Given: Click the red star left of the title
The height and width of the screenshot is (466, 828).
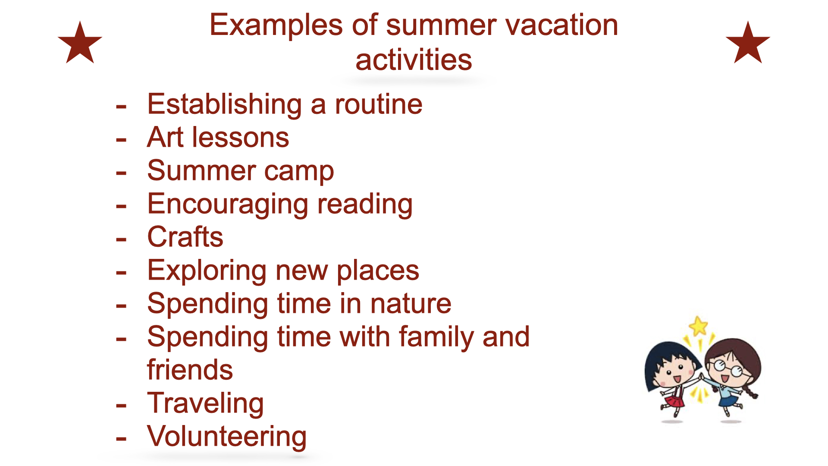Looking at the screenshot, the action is (x=80, y=44).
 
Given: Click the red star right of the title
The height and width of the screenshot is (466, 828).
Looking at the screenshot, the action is (x=748, y=44).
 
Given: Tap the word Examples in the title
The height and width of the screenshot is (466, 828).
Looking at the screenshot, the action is (x=276, y=26).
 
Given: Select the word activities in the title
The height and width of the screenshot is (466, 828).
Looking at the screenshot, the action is (x=414, y=60).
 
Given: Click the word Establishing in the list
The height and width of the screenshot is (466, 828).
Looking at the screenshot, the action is (x=225, y=105).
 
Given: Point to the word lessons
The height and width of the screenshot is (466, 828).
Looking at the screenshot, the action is (x=241, y=138).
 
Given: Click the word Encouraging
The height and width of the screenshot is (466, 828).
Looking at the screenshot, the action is (x=228, y=205).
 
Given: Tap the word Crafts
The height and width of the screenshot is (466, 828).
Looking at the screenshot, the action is (x=185, y=237).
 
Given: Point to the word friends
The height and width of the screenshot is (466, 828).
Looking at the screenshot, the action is (x=190, y=370).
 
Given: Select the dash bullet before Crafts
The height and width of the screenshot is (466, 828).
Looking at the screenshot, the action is (x=121, y=240).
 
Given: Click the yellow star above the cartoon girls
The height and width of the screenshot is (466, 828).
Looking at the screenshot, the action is (x=698, y=326).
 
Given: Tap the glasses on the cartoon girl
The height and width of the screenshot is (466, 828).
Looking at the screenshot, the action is (x=728, y=368).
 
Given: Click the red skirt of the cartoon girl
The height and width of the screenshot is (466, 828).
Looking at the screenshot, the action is (x=674, y=401).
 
